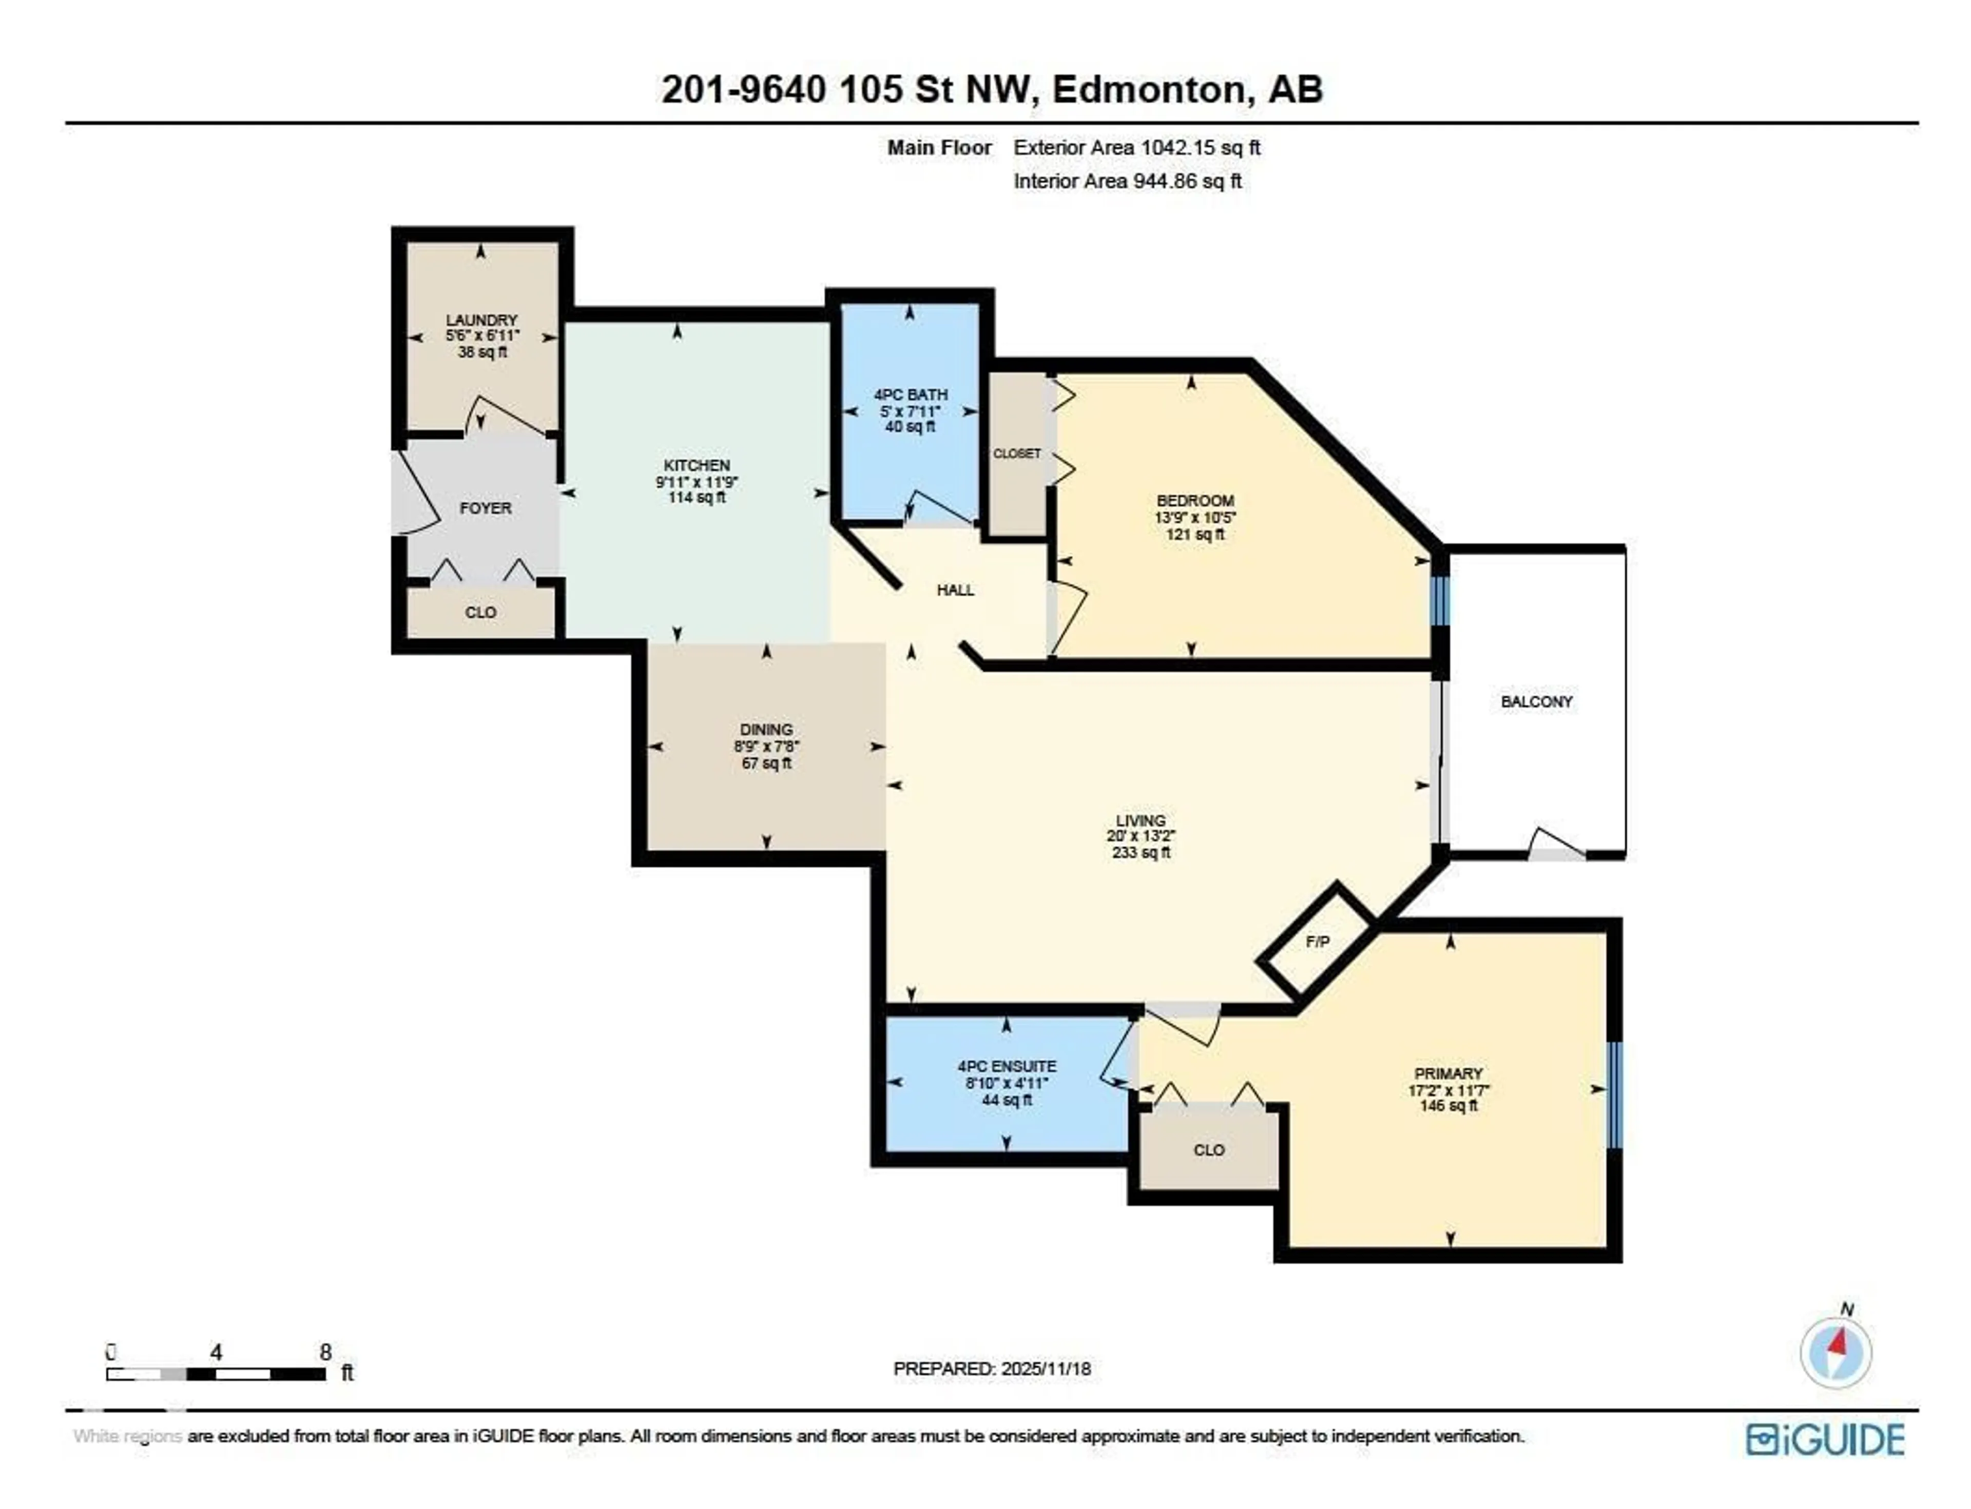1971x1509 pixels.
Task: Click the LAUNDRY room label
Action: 481,320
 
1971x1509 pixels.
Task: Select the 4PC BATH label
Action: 910,395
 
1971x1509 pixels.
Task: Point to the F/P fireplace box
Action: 1317,942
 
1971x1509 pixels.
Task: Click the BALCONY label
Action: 1536,701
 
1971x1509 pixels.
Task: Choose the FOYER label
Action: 485,508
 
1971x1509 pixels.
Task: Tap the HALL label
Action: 955,590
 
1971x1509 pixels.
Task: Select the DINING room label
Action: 766,729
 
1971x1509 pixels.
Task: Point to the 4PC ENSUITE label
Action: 1006,1066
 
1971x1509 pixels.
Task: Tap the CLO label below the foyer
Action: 480,613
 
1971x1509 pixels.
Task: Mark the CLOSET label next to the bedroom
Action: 1016,454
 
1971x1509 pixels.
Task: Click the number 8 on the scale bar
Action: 325,1352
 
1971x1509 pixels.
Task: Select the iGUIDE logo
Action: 1825,1440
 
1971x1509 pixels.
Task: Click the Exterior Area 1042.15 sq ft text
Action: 1136,147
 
